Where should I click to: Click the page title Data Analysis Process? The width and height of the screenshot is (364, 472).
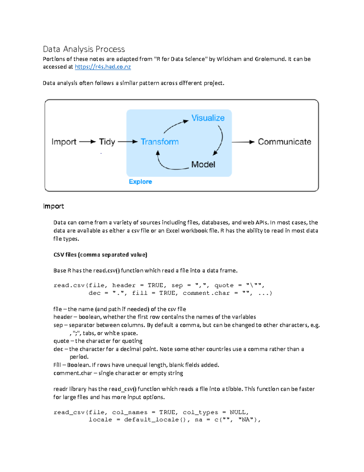[x=84, y=49]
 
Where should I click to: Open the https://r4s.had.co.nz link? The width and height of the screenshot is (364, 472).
[x=103, y=67]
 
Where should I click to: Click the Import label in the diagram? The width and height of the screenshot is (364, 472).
[x=64, y=142]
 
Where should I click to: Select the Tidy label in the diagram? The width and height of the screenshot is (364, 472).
[x=107, y=142]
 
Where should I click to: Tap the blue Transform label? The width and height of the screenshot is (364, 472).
[x=160, y=142]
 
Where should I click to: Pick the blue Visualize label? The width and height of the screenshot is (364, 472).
[x=208, y=118]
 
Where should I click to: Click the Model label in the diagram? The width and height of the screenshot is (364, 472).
[x=203, y=164]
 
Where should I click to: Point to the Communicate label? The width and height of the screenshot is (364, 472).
[x=284, y=142]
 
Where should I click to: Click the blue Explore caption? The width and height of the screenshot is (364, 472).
[x=140, y=182]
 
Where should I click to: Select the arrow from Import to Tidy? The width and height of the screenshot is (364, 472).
[x=87, y=142]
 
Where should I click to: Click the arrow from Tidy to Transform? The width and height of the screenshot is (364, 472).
[x=127, y=142]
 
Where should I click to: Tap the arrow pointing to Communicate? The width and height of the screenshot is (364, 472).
[x=243, y=142]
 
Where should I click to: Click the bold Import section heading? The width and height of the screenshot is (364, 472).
[x=53, y=206]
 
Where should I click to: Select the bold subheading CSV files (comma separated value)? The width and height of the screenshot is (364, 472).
[x=100, y=255]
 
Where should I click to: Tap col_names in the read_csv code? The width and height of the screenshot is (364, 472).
[x=130, y=412]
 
